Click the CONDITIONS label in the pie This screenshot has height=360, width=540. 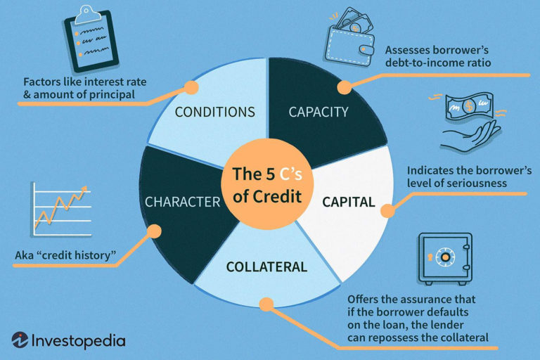[214, 112]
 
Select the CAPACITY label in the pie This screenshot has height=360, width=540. [319, 112]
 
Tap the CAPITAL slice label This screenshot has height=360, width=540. [348, 202]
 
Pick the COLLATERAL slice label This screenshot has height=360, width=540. [266, 267]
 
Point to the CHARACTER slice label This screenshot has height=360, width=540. [182, 202]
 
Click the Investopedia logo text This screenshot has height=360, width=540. [78, 341]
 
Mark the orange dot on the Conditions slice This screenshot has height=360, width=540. [190, 88]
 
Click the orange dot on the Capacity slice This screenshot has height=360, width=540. [344, 88]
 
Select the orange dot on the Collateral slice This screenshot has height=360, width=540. [265, 304]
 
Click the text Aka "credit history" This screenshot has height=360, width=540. [65, 255]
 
